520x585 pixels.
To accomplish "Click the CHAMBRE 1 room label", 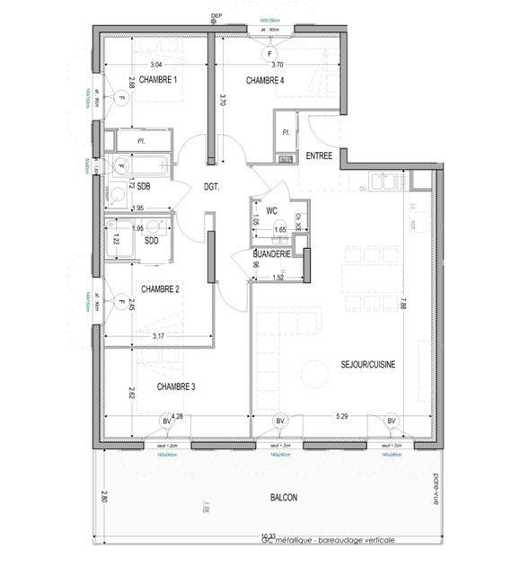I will click(x=152, y=80).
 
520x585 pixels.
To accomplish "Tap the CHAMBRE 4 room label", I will click(x=265, y=81).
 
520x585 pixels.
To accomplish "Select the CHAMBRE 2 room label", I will click(x=161, y=288).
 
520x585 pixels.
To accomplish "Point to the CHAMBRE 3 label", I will click(x=176, y=386).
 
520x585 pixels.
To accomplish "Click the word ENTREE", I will click(x=319, y=155).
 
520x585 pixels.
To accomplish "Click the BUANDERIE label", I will click(x=271, y=254).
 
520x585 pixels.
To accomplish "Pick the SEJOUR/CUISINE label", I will click(x=368, y=364).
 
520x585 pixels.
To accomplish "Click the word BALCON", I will click(x=283, y=497).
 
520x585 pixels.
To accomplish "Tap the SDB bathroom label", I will click(x=143, y=186).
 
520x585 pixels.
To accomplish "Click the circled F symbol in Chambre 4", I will click(x=268, y=54).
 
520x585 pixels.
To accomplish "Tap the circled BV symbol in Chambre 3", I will click(x=166, y=421).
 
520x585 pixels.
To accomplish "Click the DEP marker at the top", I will click(x=216, y=15).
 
